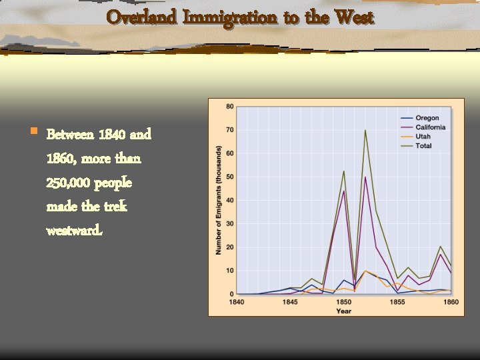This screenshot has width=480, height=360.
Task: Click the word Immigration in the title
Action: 229,17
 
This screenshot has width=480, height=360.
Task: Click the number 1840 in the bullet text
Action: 111,135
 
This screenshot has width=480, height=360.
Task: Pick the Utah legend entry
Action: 423,137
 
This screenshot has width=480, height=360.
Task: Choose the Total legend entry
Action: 424,146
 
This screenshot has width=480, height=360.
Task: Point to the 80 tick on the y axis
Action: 230,107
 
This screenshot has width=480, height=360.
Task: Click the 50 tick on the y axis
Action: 230,177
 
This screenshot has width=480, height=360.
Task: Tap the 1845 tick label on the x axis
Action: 290,302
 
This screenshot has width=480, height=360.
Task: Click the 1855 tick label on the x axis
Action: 397,302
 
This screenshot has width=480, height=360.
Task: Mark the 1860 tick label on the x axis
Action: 451,302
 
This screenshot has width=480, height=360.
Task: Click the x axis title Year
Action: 343,311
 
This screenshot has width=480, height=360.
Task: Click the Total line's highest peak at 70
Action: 365,131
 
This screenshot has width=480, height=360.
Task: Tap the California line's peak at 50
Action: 365,177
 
